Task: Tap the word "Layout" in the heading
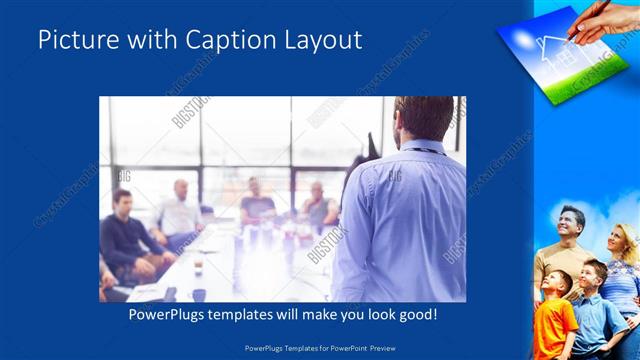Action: [319, 41]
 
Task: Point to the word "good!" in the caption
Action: [415, 315]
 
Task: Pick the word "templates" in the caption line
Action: [256, 315]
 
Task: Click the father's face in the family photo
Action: [571, 221]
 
